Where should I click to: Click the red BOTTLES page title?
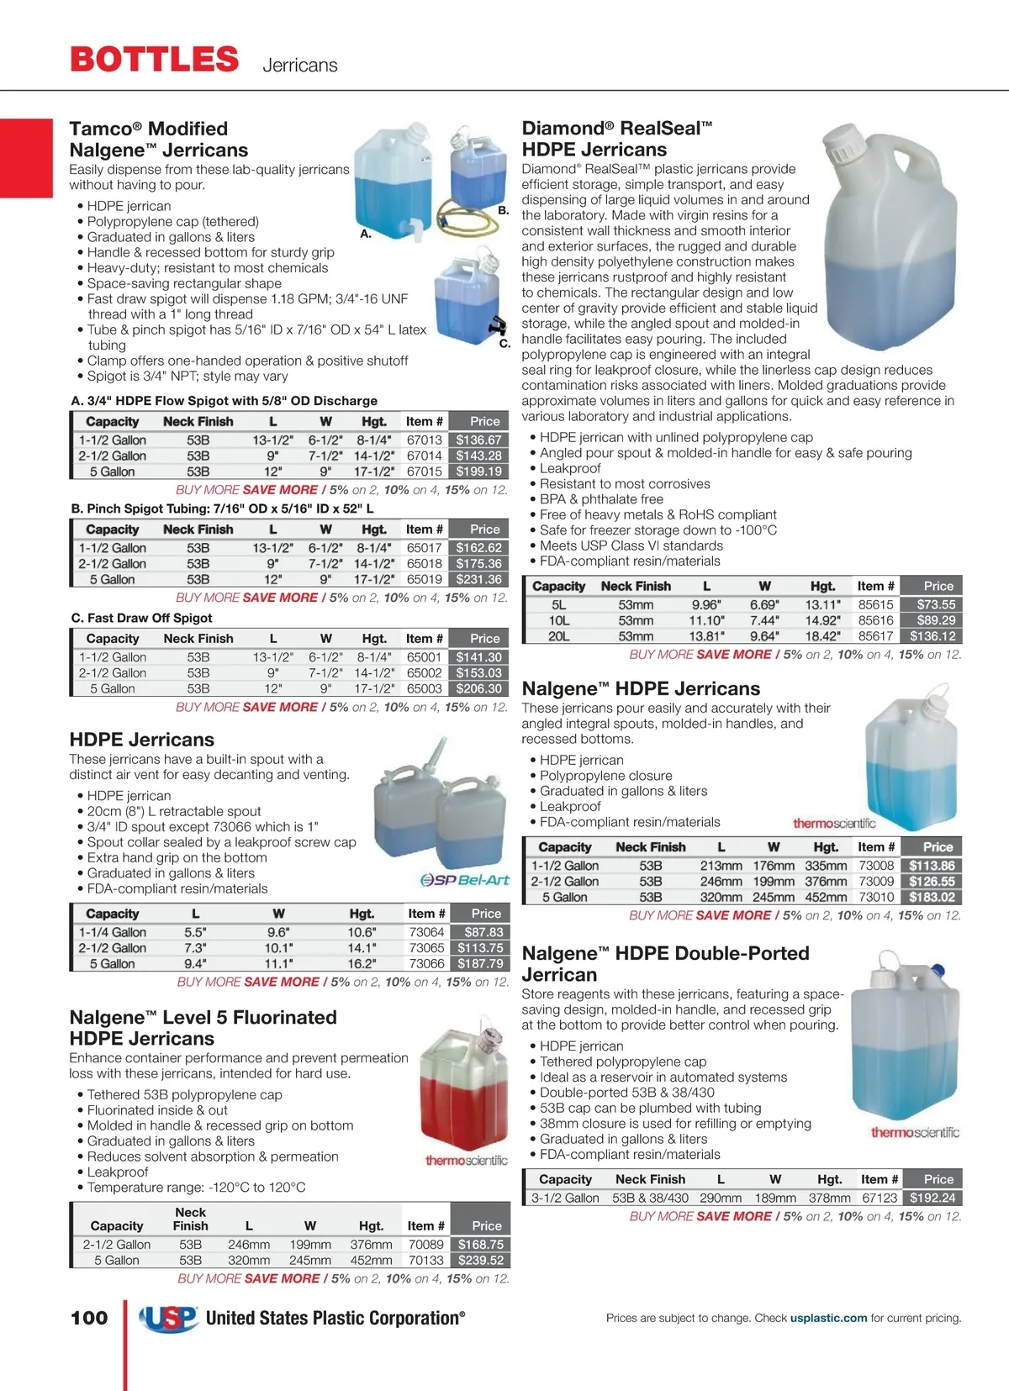click(155, 60)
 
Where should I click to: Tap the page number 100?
click(89, 1318)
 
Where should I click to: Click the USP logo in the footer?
click(168, 1318)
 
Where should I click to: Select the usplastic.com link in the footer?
click(828, 1318)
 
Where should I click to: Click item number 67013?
click(424, 440)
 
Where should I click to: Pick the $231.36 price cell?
click(478, 579)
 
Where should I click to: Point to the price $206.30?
click(478, 688)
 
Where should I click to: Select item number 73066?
click(426, 963)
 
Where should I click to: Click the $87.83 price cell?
click(483, 932)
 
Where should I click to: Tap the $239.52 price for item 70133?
click(481, 1260)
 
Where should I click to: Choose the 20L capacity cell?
click(558, 636)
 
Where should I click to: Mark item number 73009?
click(876, 881)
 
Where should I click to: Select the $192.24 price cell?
click(932, 1198)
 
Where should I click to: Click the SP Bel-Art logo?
click(465, 880)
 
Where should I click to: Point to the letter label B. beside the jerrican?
click(503, 210)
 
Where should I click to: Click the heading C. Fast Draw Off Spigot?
click(141, 618)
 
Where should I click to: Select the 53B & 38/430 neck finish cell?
click(650, 1198)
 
